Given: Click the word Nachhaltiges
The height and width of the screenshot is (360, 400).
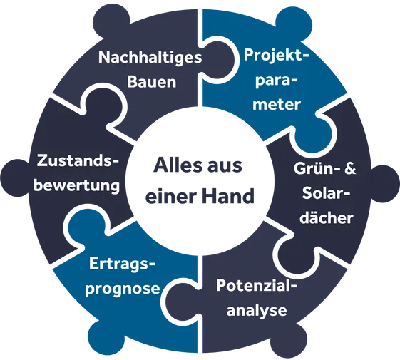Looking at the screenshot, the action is coord(150,58).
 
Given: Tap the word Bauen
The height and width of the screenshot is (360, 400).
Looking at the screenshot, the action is coord(152,82).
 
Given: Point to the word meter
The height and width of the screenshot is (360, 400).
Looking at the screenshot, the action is coord(277,104).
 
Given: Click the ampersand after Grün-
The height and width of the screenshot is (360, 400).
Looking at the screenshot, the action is coord(350,168).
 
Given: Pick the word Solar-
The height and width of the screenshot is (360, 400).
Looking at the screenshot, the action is coord(326,193).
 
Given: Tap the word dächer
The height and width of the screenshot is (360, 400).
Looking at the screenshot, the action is coord(327,217).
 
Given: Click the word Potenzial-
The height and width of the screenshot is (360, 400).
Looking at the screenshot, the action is coord(257,285).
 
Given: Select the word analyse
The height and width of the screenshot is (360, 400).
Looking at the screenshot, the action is coord(257,311).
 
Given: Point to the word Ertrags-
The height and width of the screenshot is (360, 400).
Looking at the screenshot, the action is coord(122,264).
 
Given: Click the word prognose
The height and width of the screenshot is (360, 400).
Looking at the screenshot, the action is coord(123,289).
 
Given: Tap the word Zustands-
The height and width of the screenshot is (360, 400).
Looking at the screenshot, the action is coord(78,162).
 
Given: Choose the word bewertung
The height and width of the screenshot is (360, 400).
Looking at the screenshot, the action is coord(76,185).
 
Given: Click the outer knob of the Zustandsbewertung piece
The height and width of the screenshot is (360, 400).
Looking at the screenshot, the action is coord(16,178).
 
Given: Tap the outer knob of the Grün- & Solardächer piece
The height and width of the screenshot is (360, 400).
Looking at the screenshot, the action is coord(384,183).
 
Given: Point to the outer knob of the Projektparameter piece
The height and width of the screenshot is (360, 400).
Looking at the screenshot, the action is coord(293,22).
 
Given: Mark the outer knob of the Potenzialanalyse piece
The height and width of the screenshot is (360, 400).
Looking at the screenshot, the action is coord(289,341).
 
